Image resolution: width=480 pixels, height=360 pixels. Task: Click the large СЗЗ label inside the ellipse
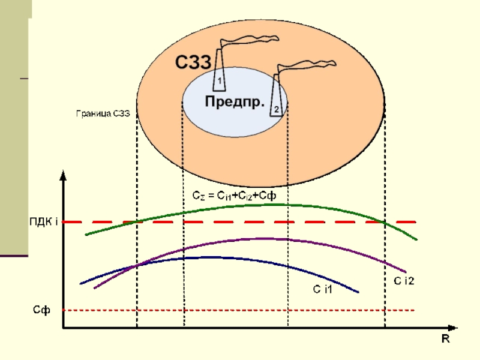193,62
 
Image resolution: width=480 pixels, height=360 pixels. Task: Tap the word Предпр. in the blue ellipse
235,101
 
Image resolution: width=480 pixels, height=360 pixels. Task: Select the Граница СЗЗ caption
103,113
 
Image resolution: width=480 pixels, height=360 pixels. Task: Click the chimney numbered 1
219,70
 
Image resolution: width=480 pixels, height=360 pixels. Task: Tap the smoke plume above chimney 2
306,66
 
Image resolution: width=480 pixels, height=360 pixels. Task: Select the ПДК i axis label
44,221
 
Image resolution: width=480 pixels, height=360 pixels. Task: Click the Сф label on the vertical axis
41,310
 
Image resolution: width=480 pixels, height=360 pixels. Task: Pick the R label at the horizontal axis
445,339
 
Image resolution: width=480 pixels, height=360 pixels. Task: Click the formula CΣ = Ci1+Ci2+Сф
234,196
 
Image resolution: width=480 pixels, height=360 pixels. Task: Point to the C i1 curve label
322,289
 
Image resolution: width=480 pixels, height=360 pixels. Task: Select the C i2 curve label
404,281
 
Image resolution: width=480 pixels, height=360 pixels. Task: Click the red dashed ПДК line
239,222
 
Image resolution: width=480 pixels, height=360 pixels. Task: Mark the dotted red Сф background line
239,310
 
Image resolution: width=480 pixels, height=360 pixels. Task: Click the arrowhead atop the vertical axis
63,175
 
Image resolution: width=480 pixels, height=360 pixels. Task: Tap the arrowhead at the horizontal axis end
452,328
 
